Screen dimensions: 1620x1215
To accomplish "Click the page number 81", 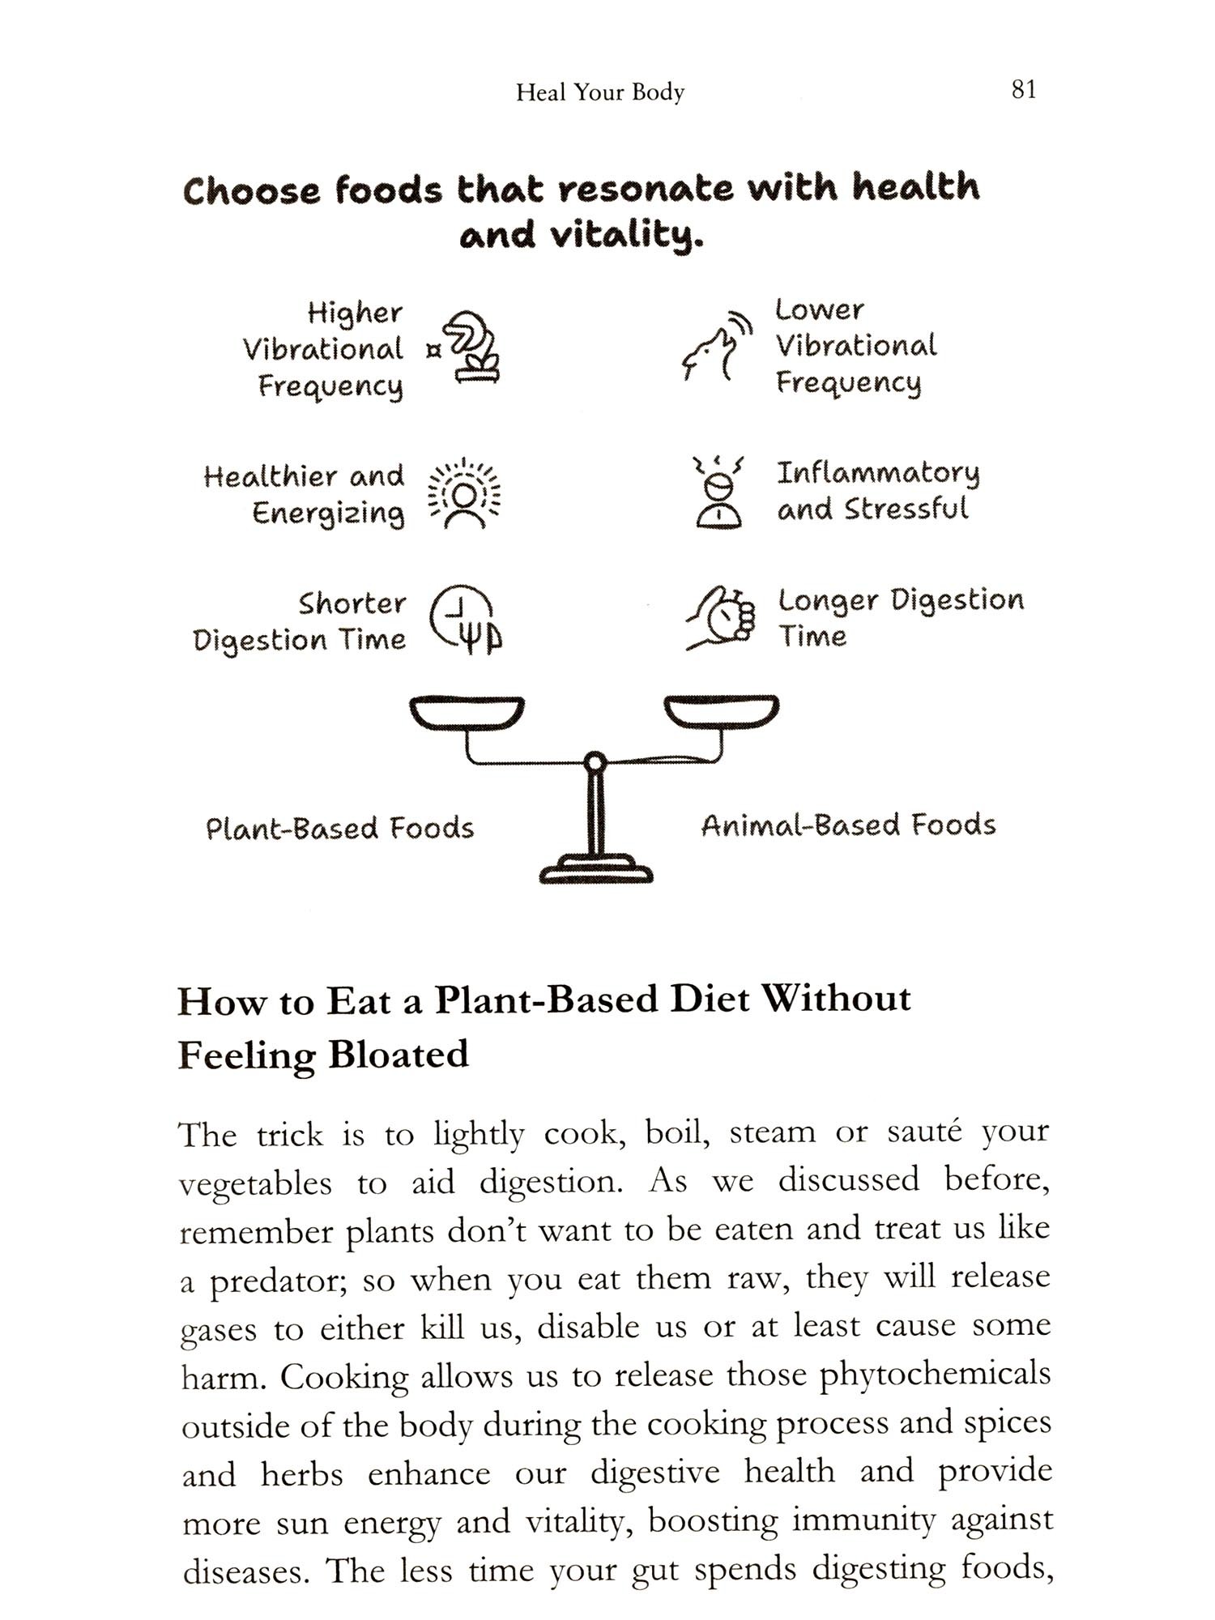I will pyautogui.click(x=1024, y=89).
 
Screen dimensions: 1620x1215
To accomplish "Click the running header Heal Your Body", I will pyautogui.click(x=600, y=92).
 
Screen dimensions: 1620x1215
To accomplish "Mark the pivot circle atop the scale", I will pyautogui.click(x=595, y=762).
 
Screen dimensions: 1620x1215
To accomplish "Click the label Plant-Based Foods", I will pyautogui.click(x=339, y=829).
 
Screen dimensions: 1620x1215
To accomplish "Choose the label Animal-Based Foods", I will pyautogui.click(x=848, y=825).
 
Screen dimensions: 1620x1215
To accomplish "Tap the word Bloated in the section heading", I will pyautogui.click(x=399, y=1055).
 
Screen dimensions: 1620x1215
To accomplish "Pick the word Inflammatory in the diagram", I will pyautogui.click(x=878, y=472).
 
